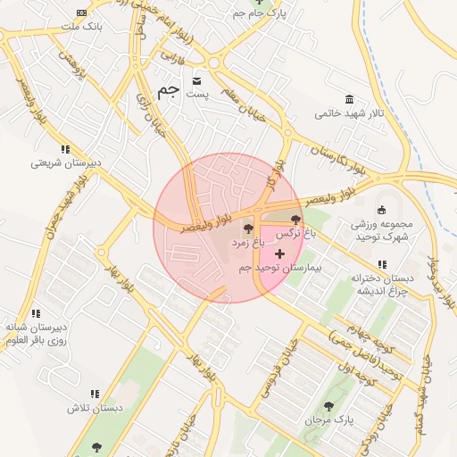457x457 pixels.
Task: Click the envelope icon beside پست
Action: click(x=196, y=82)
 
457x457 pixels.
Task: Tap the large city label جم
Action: click(x=167, y=91)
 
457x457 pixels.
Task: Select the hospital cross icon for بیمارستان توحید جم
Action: click(x=280, y=254)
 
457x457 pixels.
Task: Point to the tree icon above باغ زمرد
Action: click(x=248, y=230)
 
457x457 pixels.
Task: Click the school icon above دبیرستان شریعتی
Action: click(x=64, y=149)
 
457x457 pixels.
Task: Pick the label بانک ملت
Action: click(x=81, y=27)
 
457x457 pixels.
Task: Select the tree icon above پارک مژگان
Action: click(x=338, y=403)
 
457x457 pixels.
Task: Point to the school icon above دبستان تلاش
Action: click(x=94, y=394)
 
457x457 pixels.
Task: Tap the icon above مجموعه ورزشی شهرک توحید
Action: click(x=382, y=210)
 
